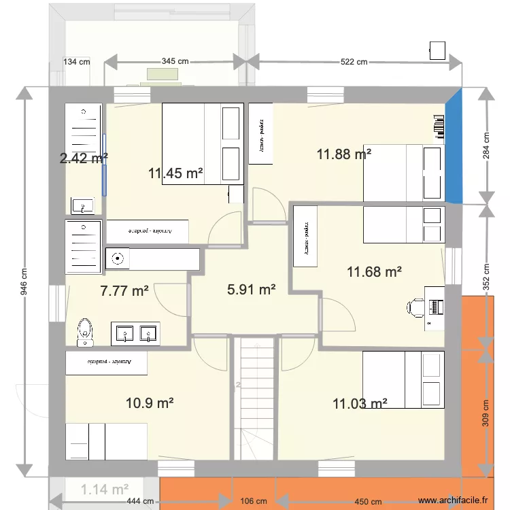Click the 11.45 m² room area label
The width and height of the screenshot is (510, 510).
[x=176, y=173]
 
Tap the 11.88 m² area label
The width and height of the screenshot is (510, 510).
[x=343, y=154]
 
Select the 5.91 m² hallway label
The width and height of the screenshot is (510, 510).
[x=251, y=290]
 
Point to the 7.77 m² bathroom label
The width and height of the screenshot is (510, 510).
[x=124, y=291]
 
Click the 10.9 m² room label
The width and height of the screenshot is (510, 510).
[x=150, y=403]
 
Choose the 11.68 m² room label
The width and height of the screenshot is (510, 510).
[x=374, y=272]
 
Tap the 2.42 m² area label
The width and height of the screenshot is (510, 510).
[x=84, y=158]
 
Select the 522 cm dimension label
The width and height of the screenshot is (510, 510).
[x=354, y=62]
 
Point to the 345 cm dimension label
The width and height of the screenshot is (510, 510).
[x=175, y=61]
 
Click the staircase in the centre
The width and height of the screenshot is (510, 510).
[x=255, y=398]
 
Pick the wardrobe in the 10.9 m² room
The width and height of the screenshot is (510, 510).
[x=106, y=362]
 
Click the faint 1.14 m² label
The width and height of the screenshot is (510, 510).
[x=105, y=489]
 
